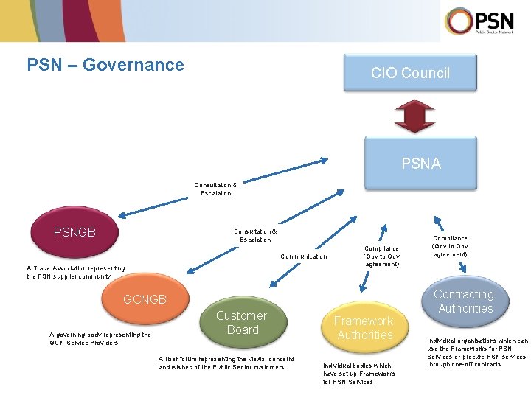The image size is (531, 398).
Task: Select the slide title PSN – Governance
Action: coord(105,65)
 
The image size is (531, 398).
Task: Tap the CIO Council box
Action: coord(410,73)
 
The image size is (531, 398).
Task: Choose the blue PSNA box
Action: coord(420,164)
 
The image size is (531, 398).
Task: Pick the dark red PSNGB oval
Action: coord(74,233)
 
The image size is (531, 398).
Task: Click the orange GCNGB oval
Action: coord(145,299)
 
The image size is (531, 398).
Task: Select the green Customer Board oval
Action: coord(242,323)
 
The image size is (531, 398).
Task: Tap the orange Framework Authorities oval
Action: coord(364,327)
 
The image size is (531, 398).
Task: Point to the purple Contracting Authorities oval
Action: coord(465,301)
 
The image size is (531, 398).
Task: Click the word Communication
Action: coord(303,256)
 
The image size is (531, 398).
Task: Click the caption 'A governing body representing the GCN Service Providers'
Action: coord(100,338)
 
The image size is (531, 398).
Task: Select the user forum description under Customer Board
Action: coord(221,362)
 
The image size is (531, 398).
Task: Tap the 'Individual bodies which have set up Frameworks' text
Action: coord(358,374)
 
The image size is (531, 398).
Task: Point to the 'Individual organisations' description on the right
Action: coord(477,352)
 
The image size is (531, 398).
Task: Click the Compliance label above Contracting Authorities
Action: coord(450,246)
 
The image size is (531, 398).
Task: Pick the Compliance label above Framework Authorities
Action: coord(381,256)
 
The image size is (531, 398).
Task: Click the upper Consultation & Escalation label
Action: coord(216,189)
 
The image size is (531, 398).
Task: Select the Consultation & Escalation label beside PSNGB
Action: coord(255,235)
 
